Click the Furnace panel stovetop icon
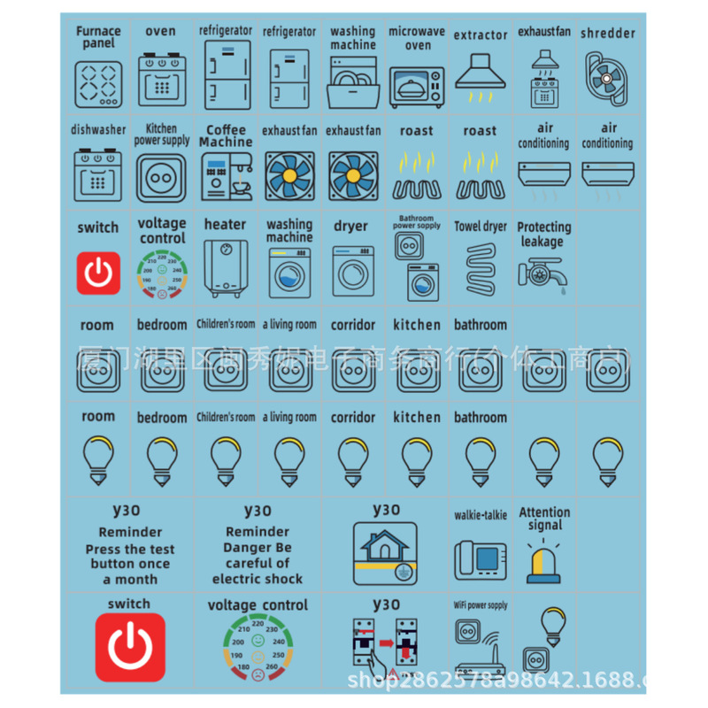coord(97,82)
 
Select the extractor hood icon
coord(481,76)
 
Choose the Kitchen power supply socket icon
coord(161,177)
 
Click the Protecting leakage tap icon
coord(543,274)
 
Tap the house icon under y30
coord(386,552)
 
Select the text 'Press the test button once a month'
coord(130,564)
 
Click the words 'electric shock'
coord(257,579)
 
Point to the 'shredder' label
coord(608,34)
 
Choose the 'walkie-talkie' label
coord(481,515)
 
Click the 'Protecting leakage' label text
coord(543,234)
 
